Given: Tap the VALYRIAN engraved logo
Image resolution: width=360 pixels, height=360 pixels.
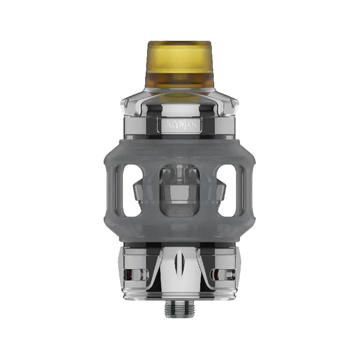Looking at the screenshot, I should pyautogui.click(x=180, y=125).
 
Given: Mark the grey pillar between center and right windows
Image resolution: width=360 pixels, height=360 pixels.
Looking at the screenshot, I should pyautogui.click(x=209, y=191).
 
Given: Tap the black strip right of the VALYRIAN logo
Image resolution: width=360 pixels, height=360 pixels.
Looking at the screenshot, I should pyautogui.click(x=210, y=125).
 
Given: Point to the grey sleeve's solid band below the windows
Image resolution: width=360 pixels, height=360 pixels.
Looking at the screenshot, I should pyautogui.click(x=180, y=232).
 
